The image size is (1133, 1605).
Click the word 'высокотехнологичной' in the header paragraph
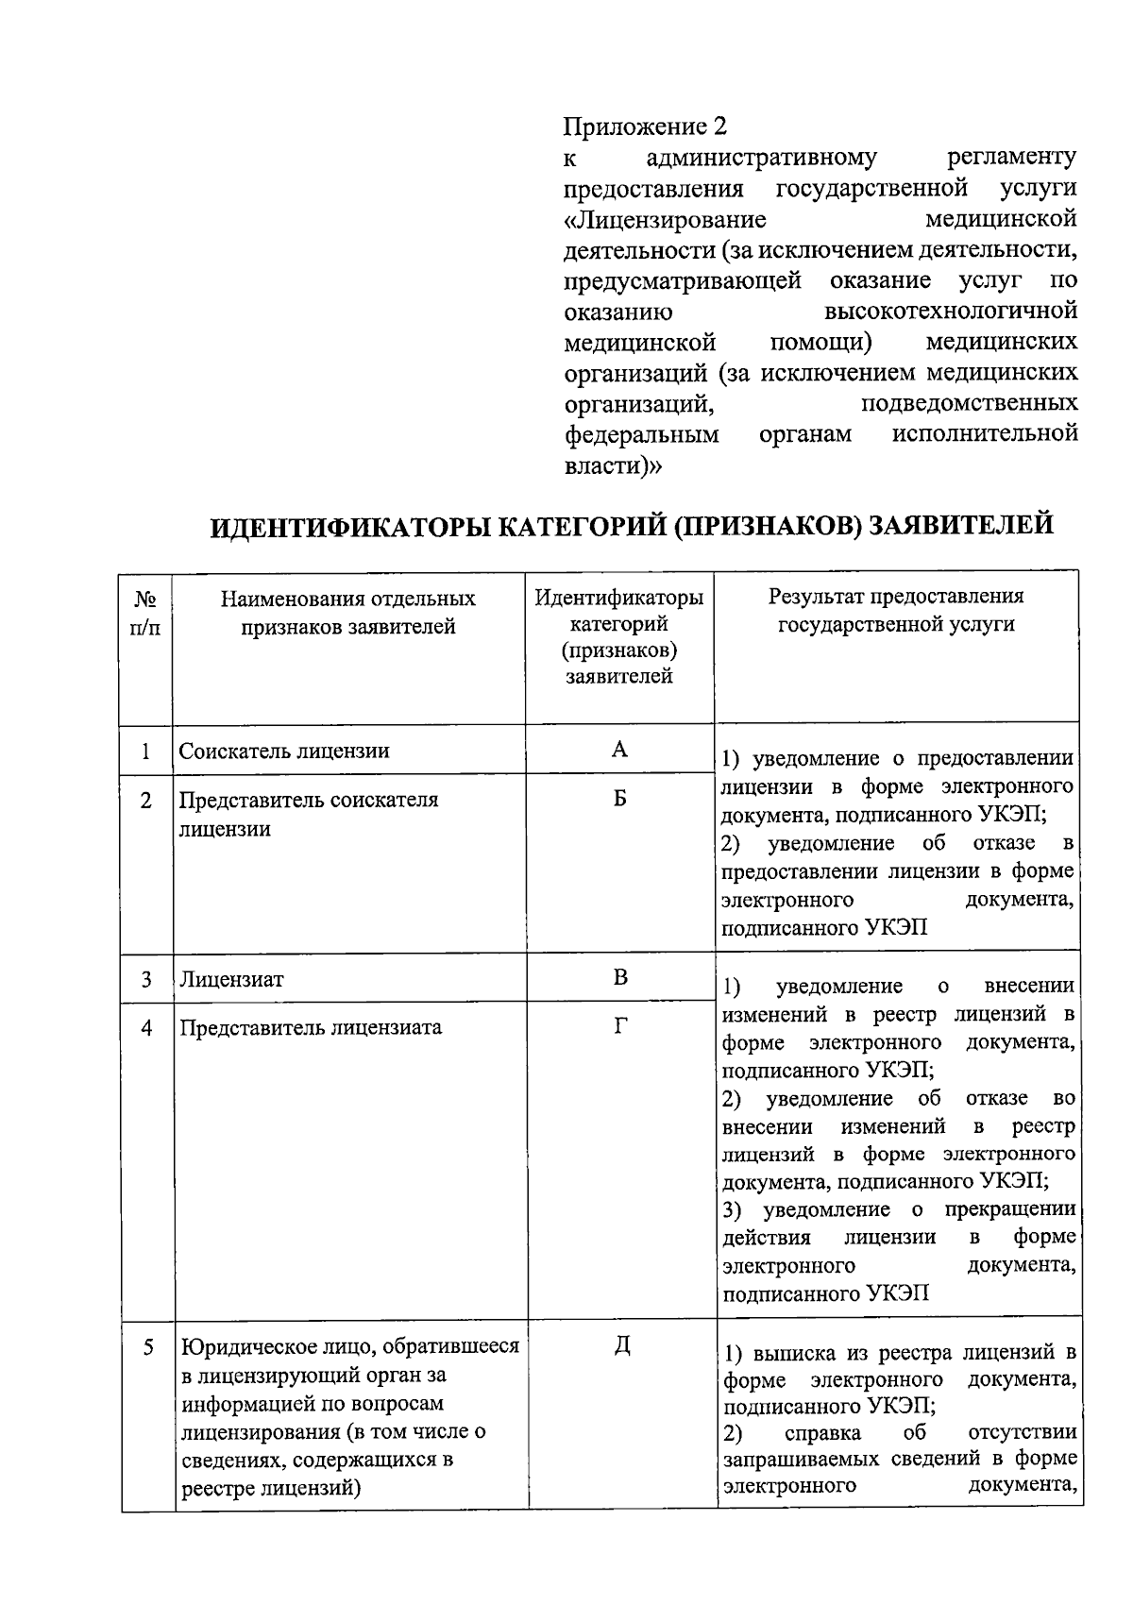[x=950, y=311]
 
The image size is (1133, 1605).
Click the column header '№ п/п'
[x=145, y=613]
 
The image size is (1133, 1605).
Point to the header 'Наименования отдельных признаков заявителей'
[x=348, y=613]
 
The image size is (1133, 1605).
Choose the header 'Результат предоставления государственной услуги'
[x=896, y=610]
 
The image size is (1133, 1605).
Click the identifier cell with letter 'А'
[x=619, y=750]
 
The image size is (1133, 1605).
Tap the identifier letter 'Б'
[x=619, y=799]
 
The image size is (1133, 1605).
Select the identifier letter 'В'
[x=619, y=977]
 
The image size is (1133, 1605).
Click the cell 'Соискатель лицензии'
[x=284, y=752]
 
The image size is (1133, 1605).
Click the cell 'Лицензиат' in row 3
[x=231, y=980]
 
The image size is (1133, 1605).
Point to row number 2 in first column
[x=145, y=801]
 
